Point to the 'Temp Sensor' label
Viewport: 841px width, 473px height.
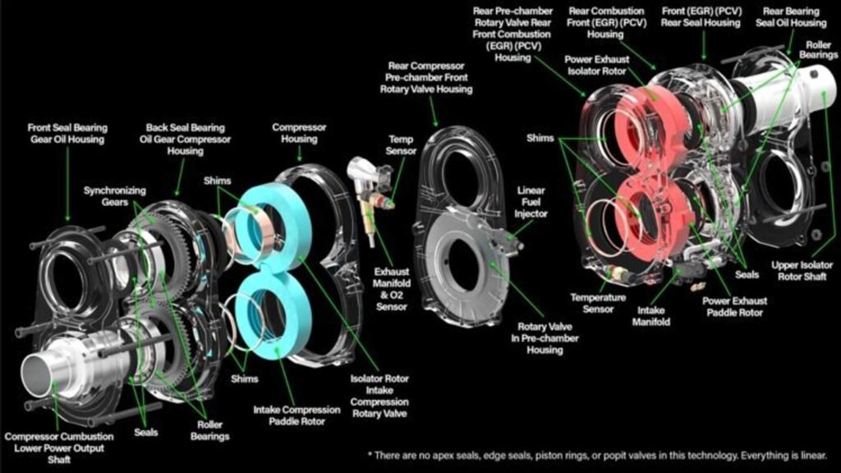(x=402, y=145)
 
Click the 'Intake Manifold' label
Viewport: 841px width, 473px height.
(x=654, y=316)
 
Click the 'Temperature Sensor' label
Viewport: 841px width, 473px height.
(x=598, y=303)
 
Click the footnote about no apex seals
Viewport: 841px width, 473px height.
(x=598, y=455)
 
